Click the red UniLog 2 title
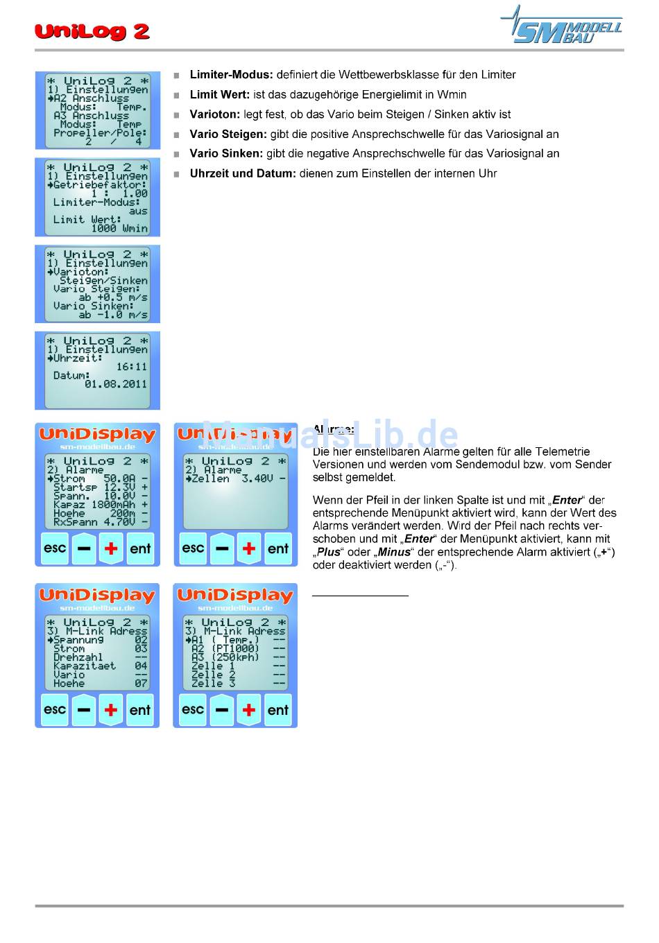pos(92,31)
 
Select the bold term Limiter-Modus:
pos(231,75)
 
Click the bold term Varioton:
pos(215,114)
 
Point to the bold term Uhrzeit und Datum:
pos(243,173)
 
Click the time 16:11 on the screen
pos(131,367)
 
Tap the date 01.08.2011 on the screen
pos(116,384)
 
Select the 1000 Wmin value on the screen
pos(119,228)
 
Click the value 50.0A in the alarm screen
pos(119,478)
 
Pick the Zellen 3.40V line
pos(236,478)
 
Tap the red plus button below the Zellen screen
pos(249,548)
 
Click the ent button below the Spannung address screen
pos(140,709)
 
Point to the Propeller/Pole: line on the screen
pos(101,132)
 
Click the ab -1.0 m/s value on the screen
pos(113,315)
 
